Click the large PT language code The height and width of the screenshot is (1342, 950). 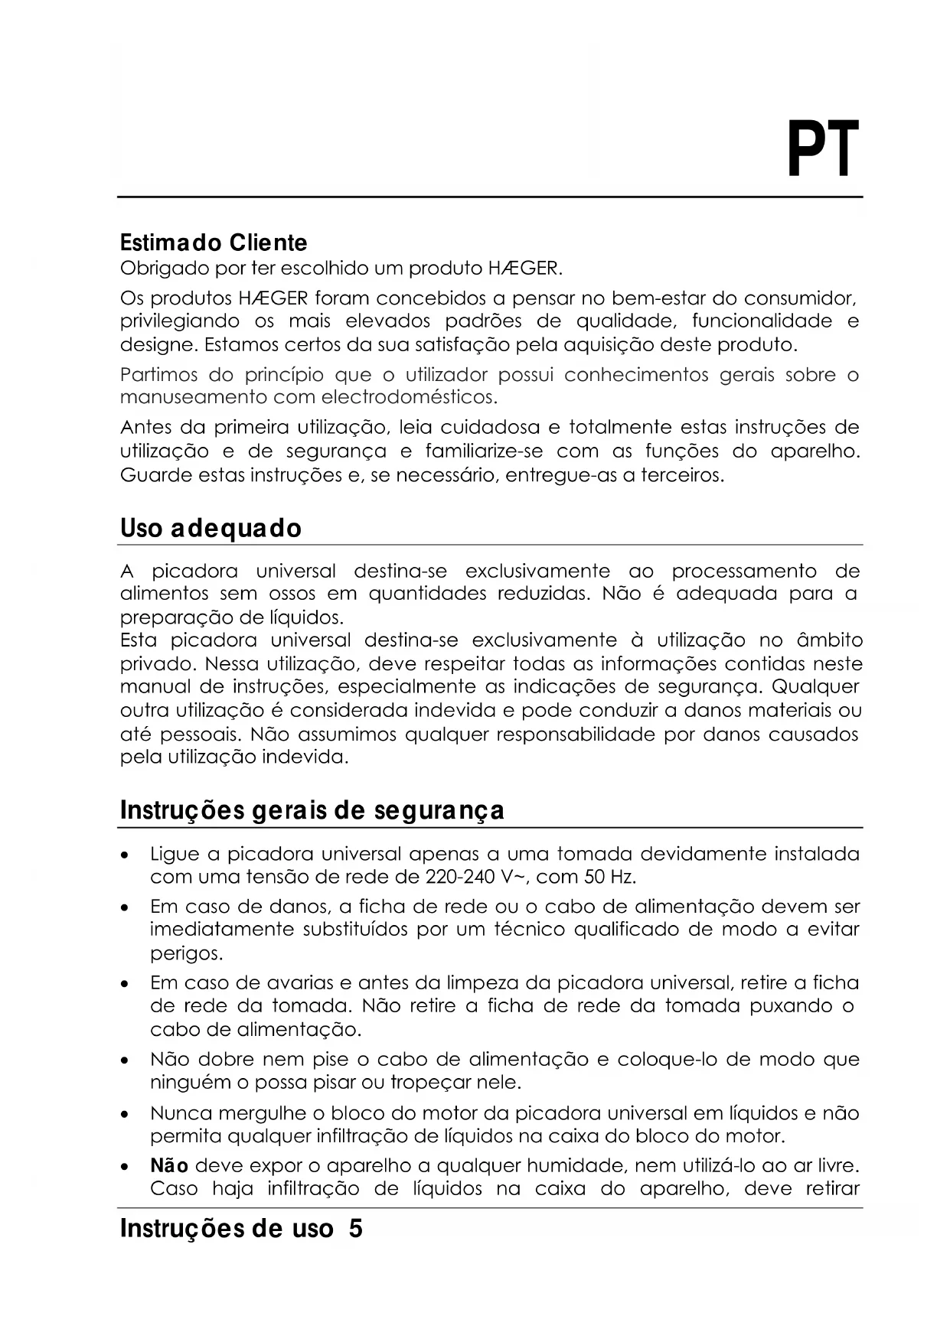click(x=823, y=149)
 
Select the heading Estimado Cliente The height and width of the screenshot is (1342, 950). click(x=214, y=243)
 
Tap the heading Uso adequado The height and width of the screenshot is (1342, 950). click(x=211, y=528)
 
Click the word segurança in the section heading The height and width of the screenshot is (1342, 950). click(x=439, y=810)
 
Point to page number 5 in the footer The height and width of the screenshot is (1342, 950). click(x=355, y=1229)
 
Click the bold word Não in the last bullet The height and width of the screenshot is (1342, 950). click(x=169, y=1166)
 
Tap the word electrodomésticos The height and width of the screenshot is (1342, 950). click(x=409, y=398)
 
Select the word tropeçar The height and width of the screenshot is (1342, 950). click(x=432, y=1083)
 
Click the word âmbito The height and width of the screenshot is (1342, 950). click(x=830, y=640)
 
